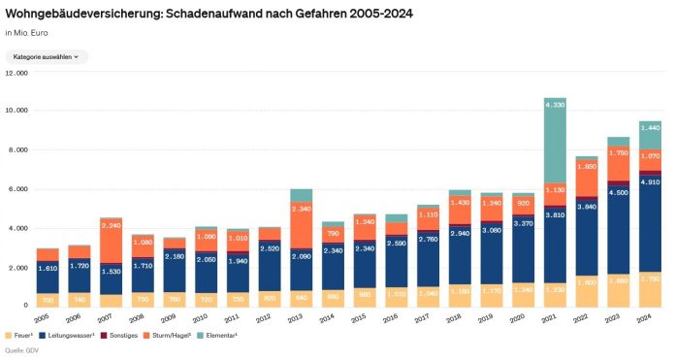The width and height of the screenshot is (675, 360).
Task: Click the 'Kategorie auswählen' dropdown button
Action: [47, 57]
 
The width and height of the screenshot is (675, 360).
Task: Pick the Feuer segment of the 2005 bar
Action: [48, 300]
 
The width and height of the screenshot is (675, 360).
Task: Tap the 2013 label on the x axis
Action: [301, 316]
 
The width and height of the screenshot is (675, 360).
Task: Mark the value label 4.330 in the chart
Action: [555, 103]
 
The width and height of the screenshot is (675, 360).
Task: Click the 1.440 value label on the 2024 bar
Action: [650, 128]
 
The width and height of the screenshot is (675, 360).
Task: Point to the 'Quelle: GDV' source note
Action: [25, 351]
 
